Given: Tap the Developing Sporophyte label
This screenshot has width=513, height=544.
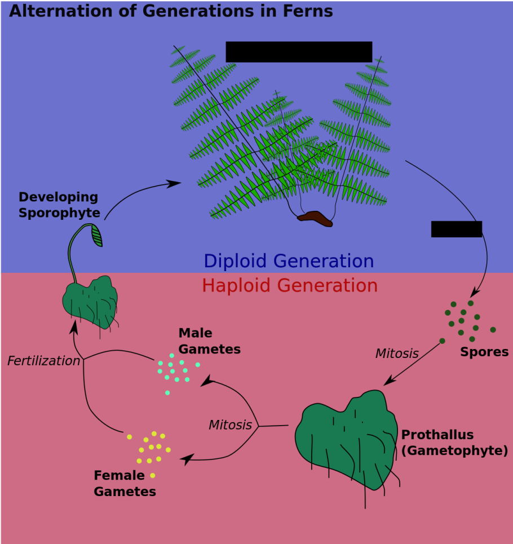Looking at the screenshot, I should [59, 205].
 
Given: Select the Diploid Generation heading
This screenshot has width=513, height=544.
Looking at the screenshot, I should [289, 261].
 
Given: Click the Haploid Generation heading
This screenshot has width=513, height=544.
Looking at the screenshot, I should [290, 285].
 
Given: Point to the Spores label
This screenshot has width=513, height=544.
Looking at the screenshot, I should [484, 352].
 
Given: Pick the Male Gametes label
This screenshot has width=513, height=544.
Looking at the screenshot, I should [209, 341].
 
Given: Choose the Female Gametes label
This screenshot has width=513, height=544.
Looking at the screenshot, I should [125, 484].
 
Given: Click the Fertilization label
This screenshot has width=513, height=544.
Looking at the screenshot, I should [43, 361].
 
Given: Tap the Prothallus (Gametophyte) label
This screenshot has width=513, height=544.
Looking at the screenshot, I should [454, 443].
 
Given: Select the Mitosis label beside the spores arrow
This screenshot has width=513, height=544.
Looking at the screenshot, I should [397, 353].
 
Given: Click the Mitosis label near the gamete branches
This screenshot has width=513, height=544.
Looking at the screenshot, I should [230, 425].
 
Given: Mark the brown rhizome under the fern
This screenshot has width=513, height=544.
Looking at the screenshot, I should [316, 219].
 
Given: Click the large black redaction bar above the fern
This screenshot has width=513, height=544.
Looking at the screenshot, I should [299, 51].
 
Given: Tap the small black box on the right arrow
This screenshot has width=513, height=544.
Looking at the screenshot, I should [457, 229].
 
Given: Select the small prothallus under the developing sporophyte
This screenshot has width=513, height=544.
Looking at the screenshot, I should [90, 302].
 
